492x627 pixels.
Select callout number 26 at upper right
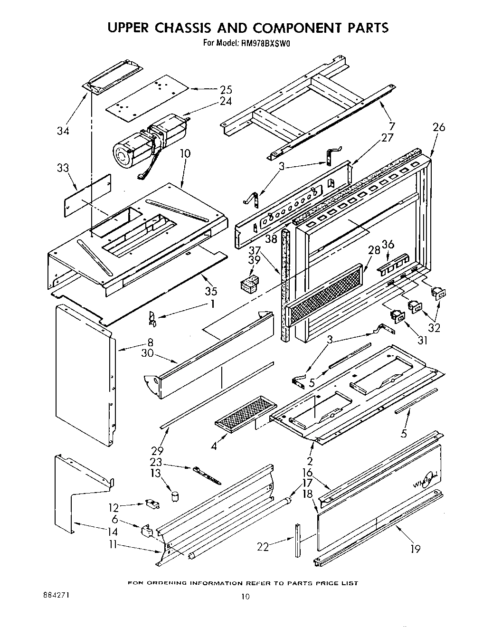(439, 127)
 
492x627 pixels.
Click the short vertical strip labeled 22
(297, 540)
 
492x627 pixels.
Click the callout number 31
(422, 340)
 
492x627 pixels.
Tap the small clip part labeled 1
(152, 318)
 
